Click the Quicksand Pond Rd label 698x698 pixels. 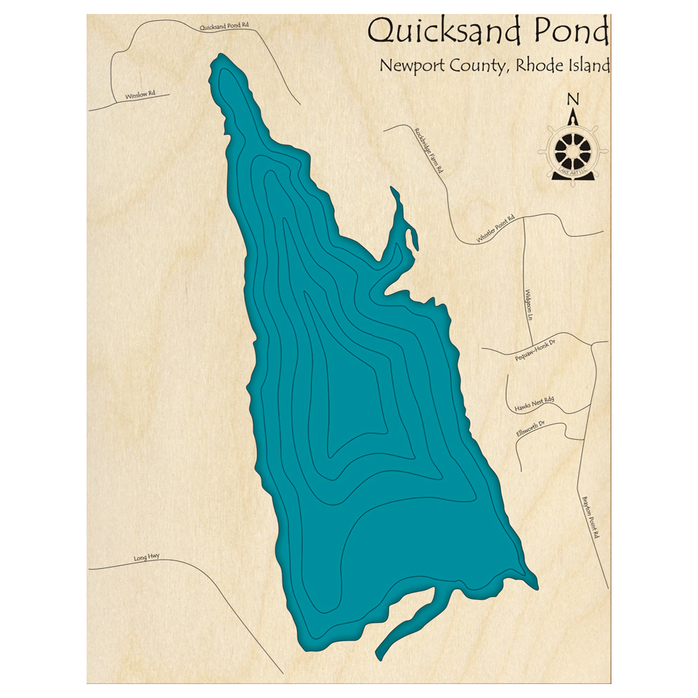[224, 27]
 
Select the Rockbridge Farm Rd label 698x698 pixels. [429, 150]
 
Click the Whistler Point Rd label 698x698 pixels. [496, 230]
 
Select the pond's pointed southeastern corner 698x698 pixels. [535, 584]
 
